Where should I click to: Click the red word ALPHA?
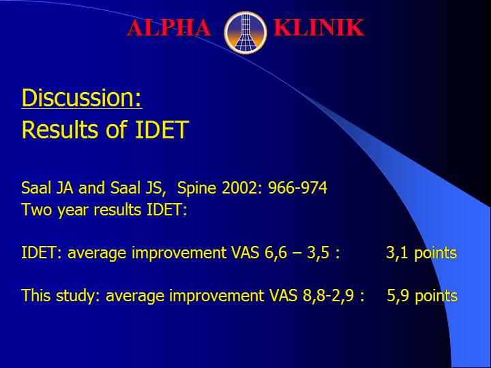pyautogui.click(x=169, y=27)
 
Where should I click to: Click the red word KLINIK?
pyautogui.click(x=318, y=27)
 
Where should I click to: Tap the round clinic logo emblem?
pyautogui.click(x=245, y=33)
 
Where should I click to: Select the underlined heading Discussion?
pyautogui.click(x=82, y=98)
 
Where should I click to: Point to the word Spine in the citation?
pyautogui.click(x=196, y=188)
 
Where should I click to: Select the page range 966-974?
pyautogui.click(x=298, y=188)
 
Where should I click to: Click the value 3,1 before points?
pyautogui.click(x=397, y=253)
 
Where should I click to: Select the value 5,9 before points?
pyautogui.click(x=398, y=296)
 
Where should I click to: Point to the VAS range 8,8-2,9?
pyautogui.click(x=333, y=296)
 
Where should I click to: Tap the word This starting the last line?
pyautogui.click(x=36, y=296)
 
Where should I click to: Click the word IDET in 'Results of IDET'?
pyautogui.click(x=162, y=129)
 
